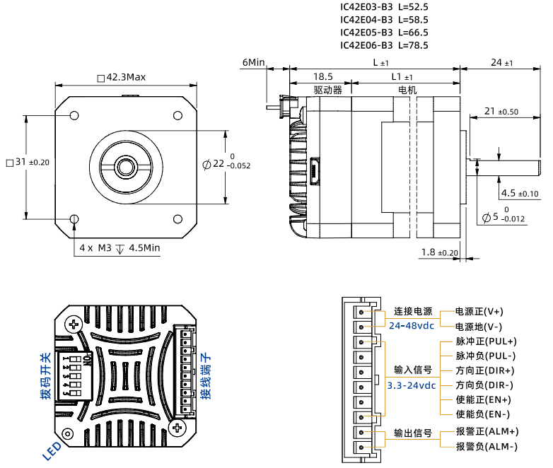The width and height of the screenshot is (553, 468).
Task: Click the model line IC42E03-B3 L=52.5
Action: click(384, 7)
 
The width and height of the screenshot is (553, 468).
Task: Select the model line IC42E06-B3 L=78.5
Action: click(384, 45)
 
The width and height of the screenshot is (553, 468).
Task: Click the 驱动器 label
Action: click(327, 90)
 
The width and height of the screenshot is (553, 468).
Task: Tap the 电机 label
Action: click(408, 90)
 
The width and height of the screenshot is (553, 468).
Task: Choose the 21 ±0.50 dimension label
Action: click(501, 111)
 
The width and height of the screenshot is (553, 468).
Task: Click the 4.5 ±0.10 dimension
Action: click(519, 193)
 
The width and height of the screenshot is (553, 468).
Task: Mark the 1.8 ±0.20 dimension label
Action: click(439, 252)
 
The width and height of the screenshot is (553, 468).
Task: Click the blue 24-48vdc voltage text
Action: click(412, 326)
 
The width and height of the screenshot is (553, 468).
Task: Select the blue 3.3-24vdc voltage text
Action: click(412, 385)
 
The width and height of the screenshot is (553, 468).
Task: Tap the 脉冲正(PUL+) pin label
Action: click(486, 341)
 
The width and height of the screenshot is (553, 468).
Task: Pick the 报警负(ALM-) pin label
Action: click(487, 446)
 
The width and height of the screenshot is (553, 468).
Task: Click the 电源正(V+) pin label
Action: click(479, 312)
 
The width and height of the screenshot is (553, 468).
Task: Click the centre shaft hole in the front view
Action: click(126, 167)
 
